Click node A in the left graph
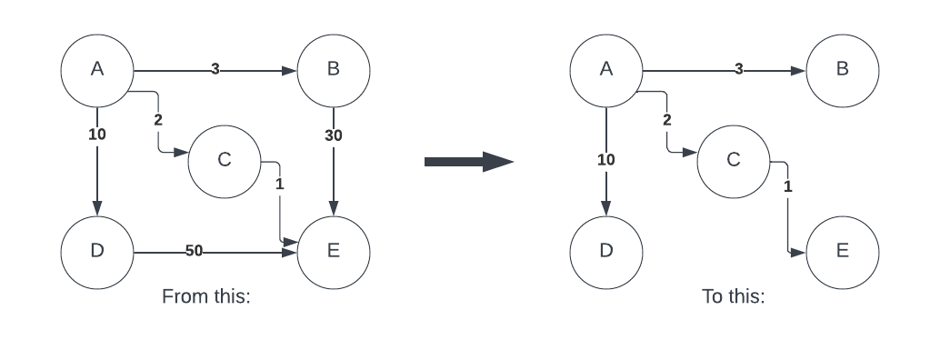pos(97,71)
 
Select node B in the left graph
pos(334,71)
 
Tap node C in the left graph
pos(225,162)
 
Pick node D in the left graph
pos(97,253)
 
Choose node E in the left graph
pos(334,253)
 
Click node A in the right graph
pos(606,71)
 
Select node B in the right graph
pos(843,71)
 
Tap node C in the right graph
pos(733,162)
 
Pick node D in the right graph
pos(606,253)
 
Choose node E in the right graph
pos(843,253)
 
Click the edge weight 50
pos(194,251)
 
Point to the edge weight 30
pos(334,136)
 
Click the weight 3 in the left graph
pos(215,69)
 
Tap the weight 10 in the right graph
pos(606,160)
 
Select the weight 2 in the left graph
pos(157,120)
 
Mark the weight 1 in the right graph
pos(788,187)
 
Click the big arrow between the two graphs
pos(469,162)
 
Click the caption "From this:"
pos(205,296)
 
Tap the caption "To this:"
pos(733,296)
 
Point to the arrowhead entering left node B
pos(290,71)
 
